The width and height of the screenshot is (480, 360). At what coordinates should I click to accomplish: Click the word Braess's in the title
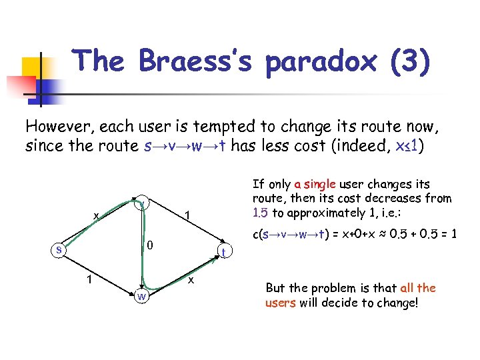tap(198, 61)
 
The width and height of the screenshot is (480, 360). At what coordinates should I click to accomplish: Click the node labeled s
tap(59, 250)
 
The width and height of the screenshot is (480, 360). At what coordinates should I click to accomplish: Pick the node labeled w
tap(141, 295)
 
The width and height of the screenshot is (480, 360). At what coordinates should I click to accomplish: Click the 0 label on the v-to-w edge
tap(151, 247)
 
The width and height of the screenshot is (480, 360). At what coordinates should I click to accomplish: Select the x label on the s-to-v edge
tap(97, 215)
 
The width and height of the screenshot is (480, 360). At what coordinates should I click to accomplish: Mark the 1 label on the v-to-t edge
tap(189, 215)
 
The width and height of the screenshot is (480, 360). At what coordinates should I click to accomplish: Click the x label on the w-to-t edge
tap(191, 281)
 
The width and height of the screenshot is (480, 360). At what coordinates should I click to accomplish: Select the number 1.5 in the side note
tap(260, 213)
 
